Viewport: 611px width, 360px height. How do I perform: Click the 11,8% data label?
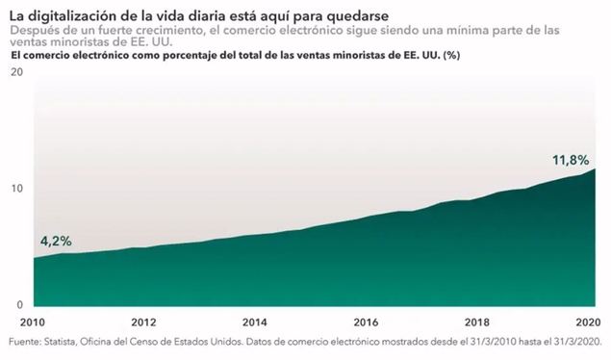coord(570,159)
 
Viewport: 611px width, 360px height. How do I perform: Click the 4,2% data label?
coord(55,240)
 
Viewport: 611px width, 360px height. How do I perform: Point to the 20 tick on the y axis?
coord(16,75)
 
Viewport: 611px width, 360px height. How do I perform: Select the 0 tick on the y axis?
coord(20,303)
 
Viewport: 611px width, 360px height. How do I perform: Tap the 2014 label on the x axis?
coord(254,322)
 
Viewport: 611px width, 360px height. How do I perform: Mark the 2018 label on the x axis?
coord(476,322)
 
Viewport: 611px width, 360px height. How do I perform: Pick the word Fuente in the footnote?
coord(26,342)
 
